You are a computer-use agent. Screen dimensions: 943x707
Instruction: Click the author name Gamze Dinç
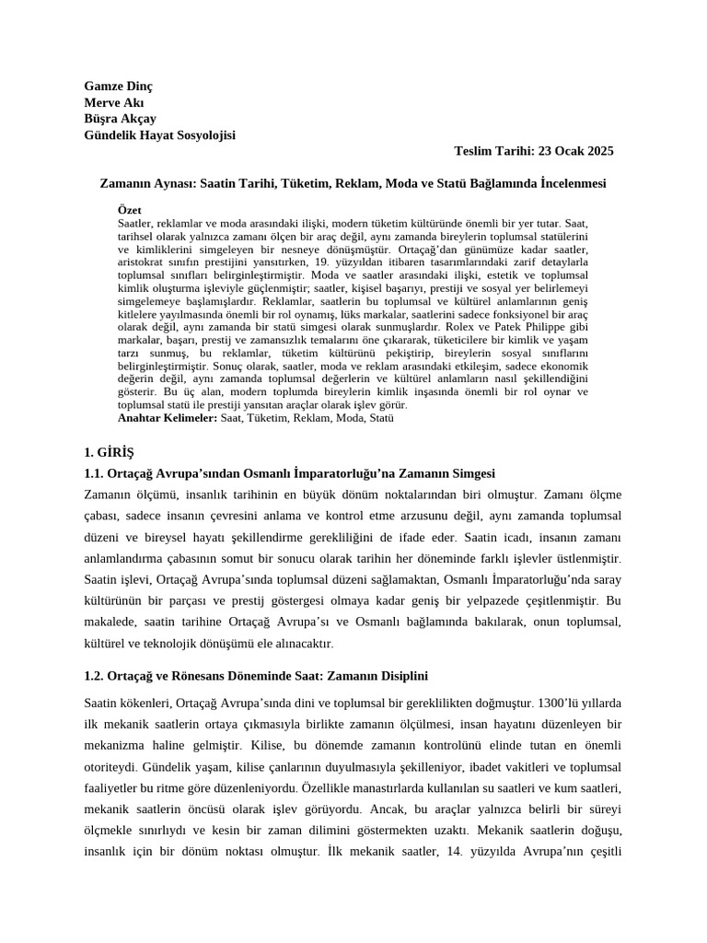click(x=118, y=86)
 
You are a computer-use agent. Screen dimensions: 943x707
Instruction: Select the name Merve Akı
click(x=113, y=102)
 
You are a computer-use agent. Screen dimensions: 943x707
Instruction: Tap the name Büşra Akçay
click(x=120, y=119)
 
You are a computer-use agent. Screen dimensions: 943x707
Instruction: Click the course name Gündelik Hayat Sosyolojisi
click(x=159, y=135)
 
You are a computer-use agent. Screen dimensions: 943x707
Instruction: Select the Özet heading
click(x=130, y=210)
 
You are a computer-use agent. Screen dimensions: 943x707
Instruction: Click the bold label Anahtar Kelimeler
click(x=168, y=417)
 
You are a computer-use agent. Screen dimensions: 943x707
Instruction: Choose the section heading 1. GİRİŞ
click(x=109, y=453)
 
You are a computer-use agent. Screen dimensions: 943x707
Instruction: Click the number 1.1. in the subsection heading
click(x=97, y=473)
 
